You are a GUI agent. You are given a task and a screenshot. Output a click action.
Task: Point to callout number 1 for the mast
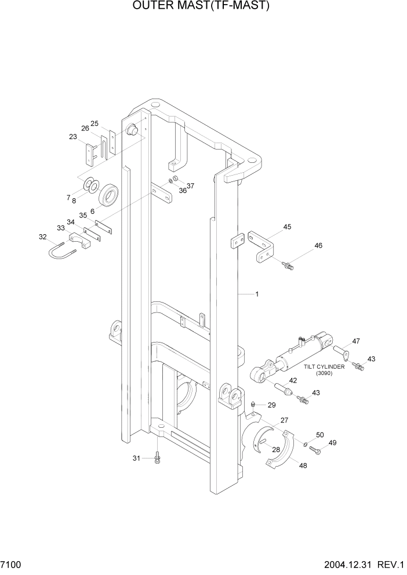[x=257, y=294]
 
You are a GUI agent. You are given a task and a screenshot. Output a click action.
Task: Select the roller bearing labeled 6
[x=108, y=195]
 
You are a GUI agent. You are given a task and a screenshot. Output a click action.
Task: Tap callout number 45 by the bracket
[x=287, y=227]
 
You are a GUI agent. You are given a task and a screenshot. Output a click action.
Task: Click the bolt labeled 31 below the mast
[x=157, y=458]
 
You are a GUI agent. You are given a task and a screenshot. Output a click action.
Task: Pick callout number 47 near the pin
[x=356, y=341]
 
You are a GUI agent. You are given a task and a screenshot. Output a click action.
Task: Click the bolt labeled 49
[x=315, y=449]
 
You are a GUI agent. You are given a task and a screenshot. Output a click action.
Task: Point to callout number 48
[x=303, y=464]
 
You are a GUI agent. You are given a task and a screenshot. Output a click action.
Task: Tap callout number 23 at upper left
[x=73, y=137]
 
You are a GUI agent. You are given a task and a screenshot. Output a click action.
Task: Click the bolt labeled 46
[x=288, y=265]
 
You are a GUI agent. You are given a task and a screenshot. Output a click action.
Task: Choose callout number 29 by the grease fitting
[x=271, y=405]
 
